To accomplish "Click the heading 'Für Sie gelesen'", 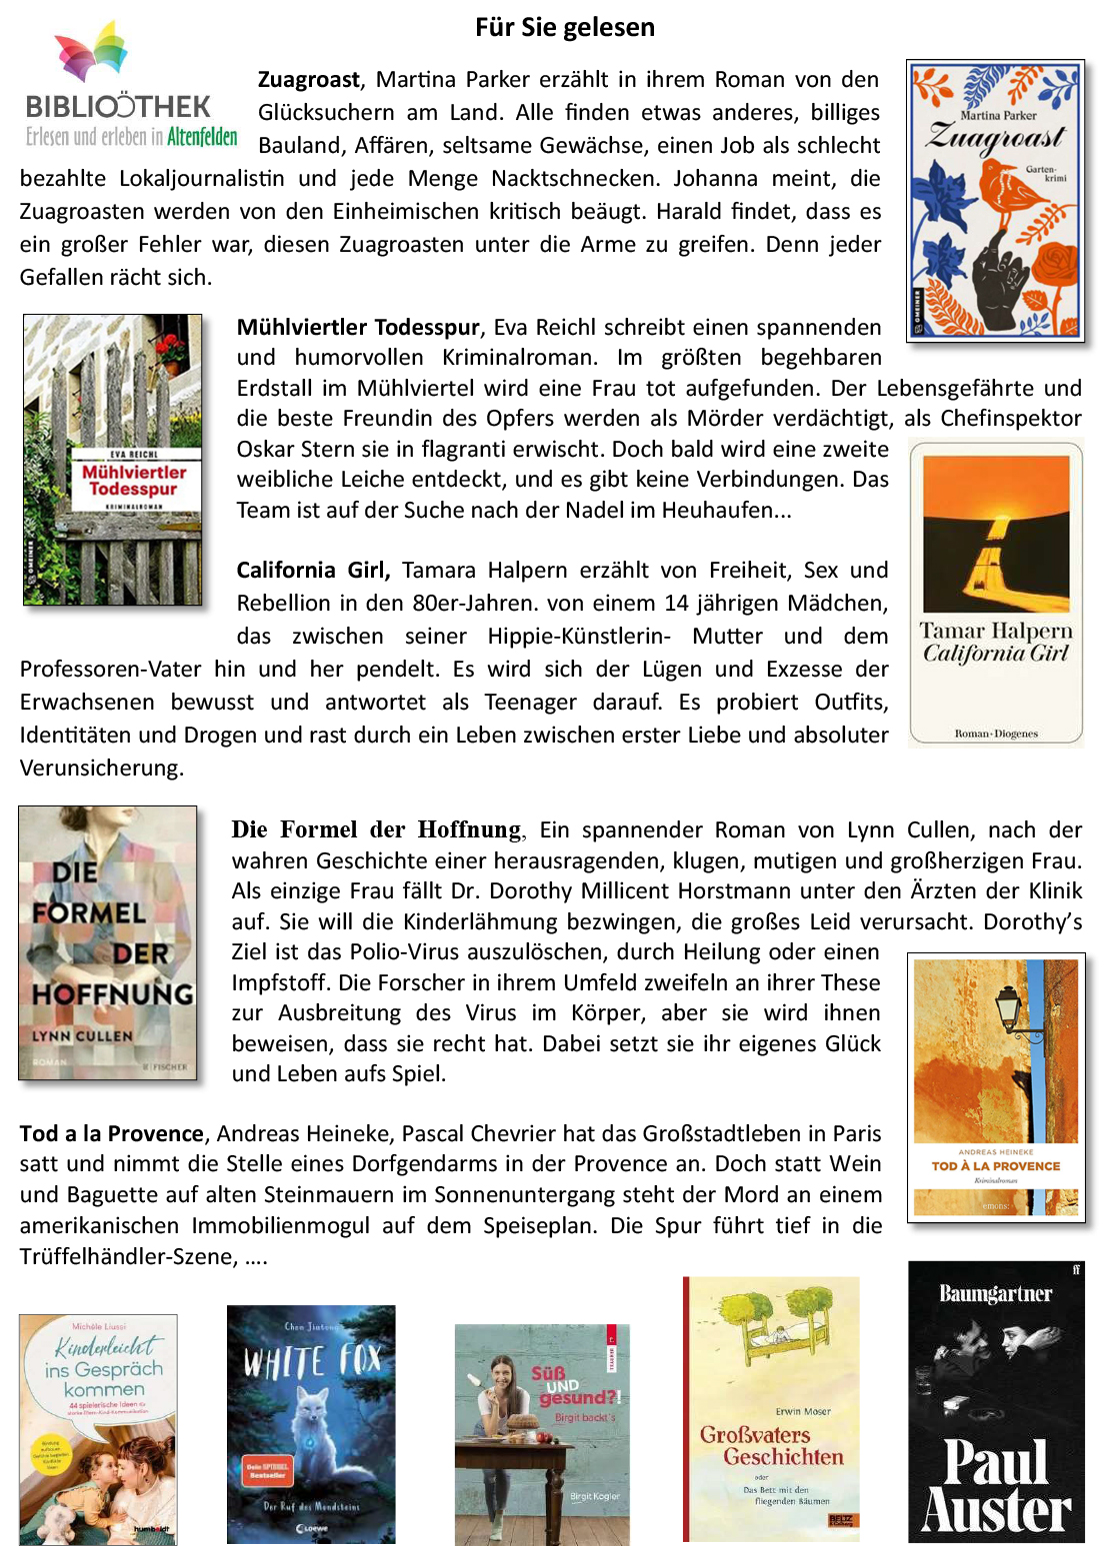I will coord(565,27).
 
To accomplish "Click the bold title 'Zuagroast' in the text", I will coord(309,80).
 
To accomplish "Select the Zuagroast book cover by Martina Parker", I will coord(995,200).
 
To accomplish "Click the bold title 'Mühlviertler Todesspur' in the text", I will coord(358,327).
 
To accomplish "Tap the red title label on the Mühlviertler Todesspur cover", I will coord(134,481).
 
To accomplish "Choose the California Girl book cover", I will coord(996,594).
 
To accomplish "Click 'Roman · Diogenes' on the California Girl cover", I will coord(996,734).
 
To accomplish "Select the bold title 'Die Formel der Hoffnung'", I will coord(376,829).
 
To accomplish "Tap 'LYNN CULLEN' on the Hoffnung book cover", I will coord(82,1036).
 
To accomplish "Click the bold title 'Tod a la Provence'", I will coord(112,1133).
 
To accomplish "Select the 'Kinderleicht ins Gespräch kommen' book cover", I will coord(98,1429).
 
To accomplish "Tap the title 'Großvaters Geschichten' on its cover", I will coord(772,1446).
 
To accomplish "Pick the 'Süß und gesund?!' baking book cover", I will coord(542,1434).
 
